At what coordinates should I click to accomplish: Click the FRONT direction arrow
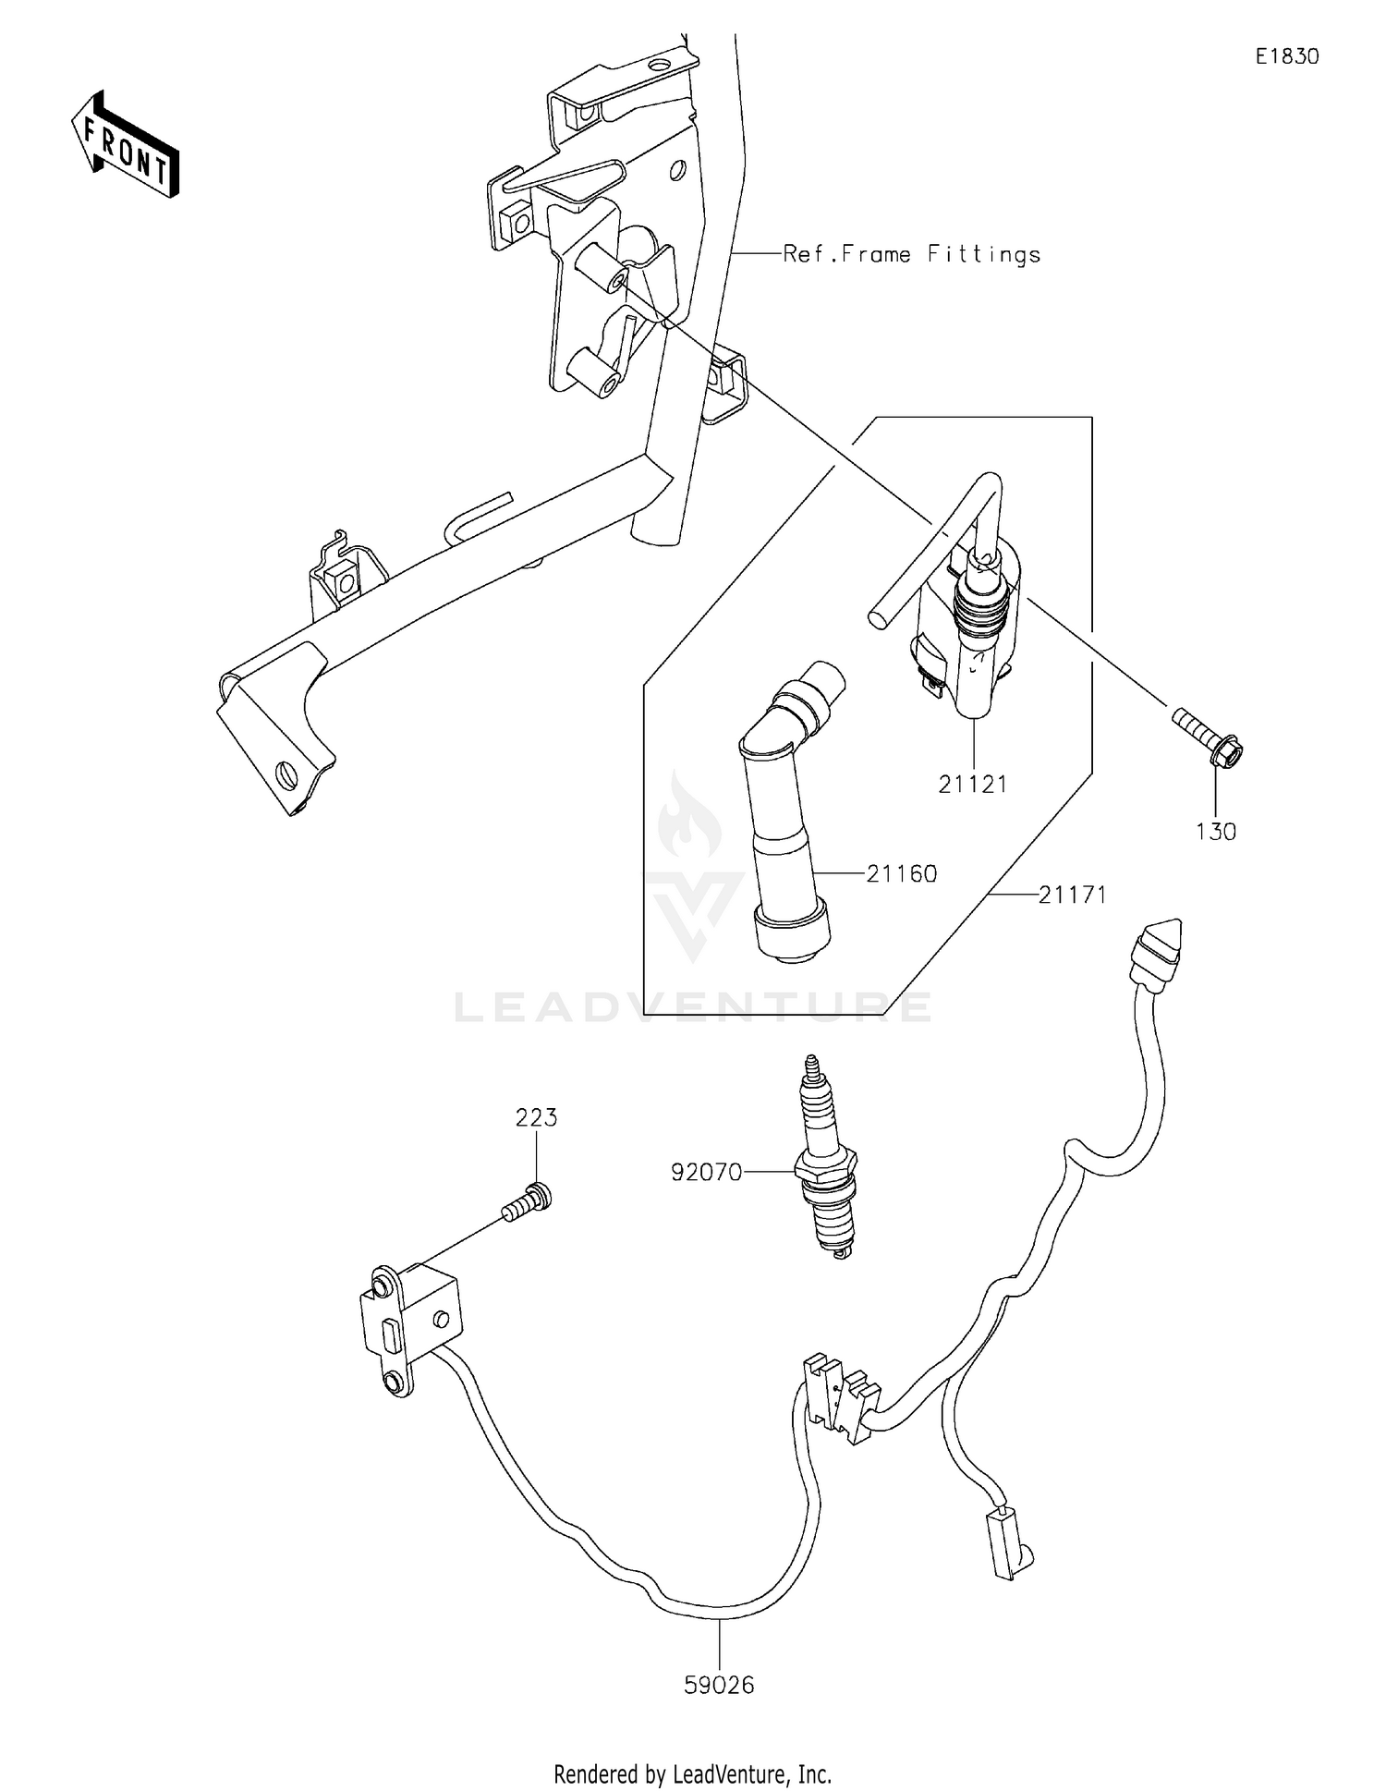[x=126, y=146]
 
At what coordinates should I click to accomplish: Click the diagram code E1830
[x=1286, y=57]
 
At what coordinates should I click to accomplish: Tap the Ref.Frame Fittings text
[x=911, y=254]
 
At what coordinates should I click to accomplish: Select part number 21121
[x=972, y=785]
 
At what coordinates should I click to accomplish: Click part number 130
[x=1215, y=832]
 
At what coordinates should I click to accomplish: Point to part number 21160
[x=901, y=873]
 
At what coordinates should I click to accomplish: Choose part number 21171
[x=1072, y=895]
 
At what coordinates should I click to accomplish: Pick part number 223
[x=536, y=1118]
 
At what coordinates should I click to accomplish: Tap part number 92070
[x=707, y=1172]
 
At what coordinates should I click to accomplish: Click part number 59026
[x=719, y=1685]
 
